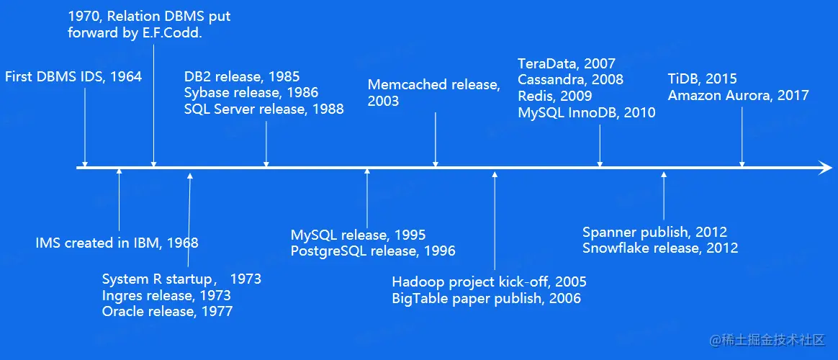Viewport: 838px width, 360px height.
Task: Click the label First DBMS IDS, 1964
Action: coord(73,77)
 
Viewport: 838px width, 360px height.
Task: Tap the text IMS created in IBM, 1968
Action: coord(117,243)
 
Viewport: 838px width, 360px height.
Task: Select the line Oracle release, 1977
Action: coord(167,311)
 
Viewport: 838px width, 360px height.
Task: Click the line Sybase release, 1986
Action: coord(251,93)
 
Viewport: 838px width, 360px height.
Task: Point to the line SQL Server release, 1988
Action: coord(264,109)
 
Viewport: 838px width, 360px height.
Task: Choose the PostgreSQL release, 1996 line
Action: coord(373,251)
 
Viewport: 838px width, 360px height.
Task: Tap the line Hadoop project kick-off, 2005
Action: coord(489,282)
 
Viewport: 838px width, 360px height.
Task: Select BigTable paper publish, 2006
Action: coord(487,298)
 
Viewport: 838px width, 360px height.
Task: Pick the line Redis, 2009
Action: coord(555,96)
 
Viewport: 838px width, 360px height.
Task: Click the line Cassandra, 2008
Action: coord(570,80)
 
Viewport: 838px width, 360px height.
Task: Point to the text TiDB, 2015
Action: coord(702,79)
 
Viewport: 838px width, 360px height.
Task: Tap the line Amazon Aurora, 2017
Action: coord(738,96)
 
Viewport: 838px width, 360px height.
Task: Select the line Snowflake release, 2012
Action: coord(660,248)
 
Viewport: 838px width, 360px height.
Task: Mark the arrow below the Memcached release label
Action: coord(436,140)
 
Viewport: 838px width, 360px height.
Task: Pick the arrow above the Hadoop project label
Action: coord(495,220)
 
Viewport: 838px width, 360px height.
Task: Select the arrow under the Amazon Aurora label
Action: coord(742,138)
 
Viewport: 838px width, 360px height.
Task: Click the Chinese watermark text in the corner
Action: coord(768,340)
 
